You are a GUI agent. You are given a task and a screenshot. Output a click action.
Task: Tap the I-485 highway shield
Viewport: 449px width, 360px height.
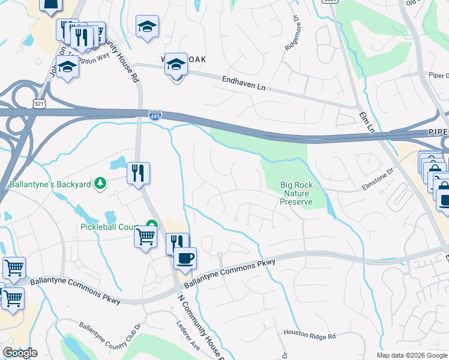coord(155,115)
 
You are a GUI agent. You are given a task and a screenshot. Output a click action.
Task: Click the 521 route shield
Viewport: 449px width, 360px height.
coord(39,104)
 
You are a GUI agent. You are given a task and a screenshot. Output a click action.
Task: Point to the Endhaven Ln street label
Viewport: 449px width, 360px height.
coord(243,83)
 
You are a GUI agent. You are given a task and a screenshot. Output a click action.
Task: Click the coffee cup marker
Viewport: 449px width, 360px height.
coord(185,258)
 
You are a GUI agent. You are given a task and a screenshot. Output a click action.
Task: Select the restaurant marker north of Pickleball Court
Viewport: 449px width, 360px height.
coord(138,173)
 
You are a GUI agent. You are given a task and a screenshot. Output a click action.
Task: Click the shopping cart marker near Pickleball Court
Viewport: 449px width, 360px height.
coord(145,237)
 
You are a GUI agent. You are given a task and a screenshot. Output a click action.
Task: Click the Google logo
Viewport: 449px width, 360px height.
coord(20,353)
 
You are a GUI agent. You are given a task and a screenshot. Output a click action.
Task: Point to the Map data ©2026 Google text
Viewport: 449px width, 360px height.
coord(412,355)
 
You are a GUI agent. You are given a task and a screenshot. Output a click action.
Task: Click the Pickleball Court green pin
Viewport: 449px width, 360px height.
coord(151,227)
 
